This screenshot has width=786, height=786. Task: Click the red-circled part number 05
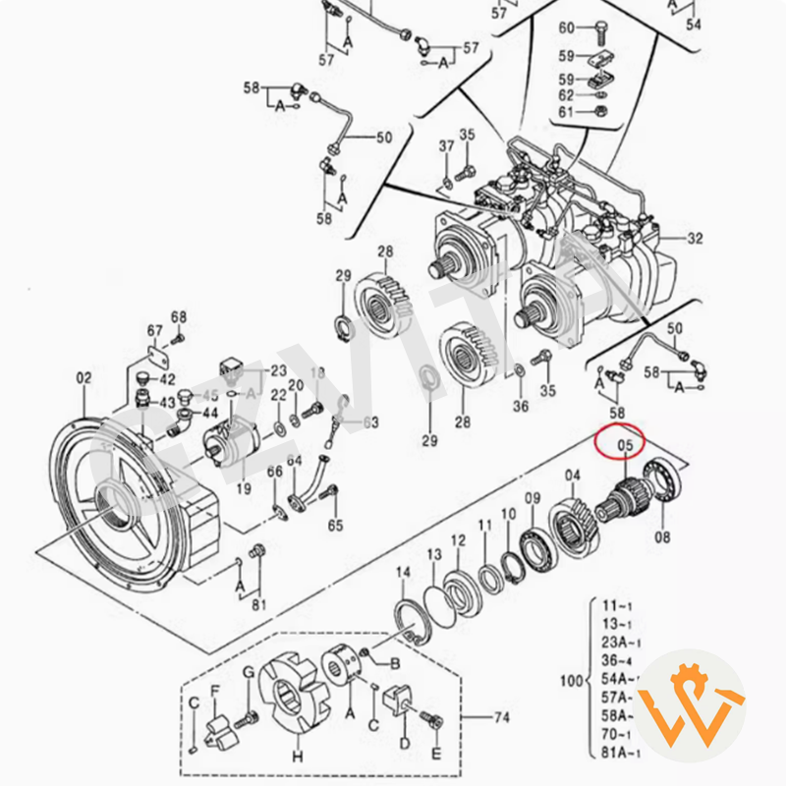(623, 448)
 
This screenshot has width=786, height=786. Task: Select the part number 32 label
(696, 238)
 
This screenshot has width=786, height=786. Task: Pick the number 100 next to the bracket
(569, 680)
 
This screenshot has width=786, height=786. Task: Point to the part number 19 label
(244, 488)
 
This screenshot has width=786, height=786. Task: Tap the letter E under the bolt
(437, 755)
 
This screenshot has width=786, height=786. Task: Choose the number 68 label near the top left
(178, 316)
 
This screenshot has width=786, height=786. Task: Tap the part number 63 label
(370, 422)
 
